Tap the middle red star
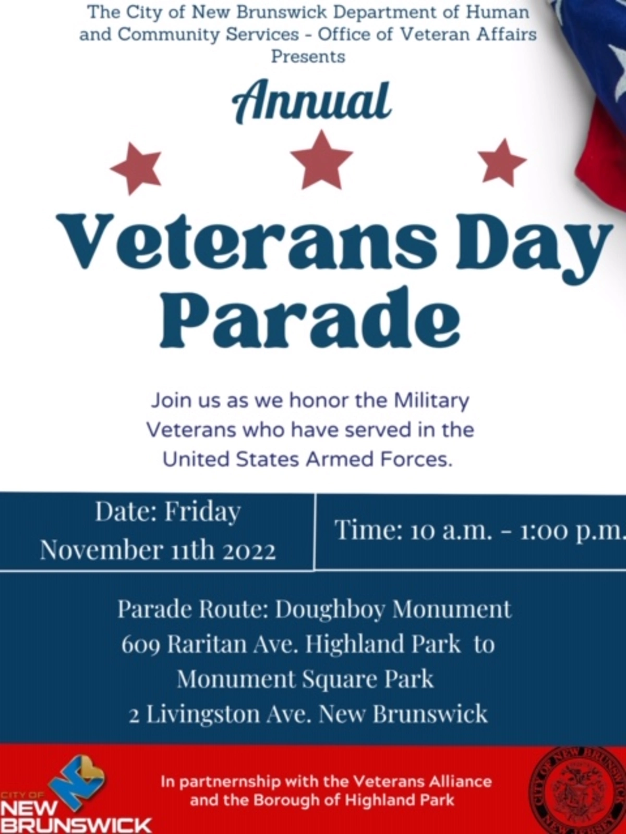tap(321, 160)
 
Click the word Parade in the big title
tap(310, 317)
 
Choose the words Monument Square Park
tap(305, 680)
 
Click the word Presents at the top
tap(308, 57)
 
